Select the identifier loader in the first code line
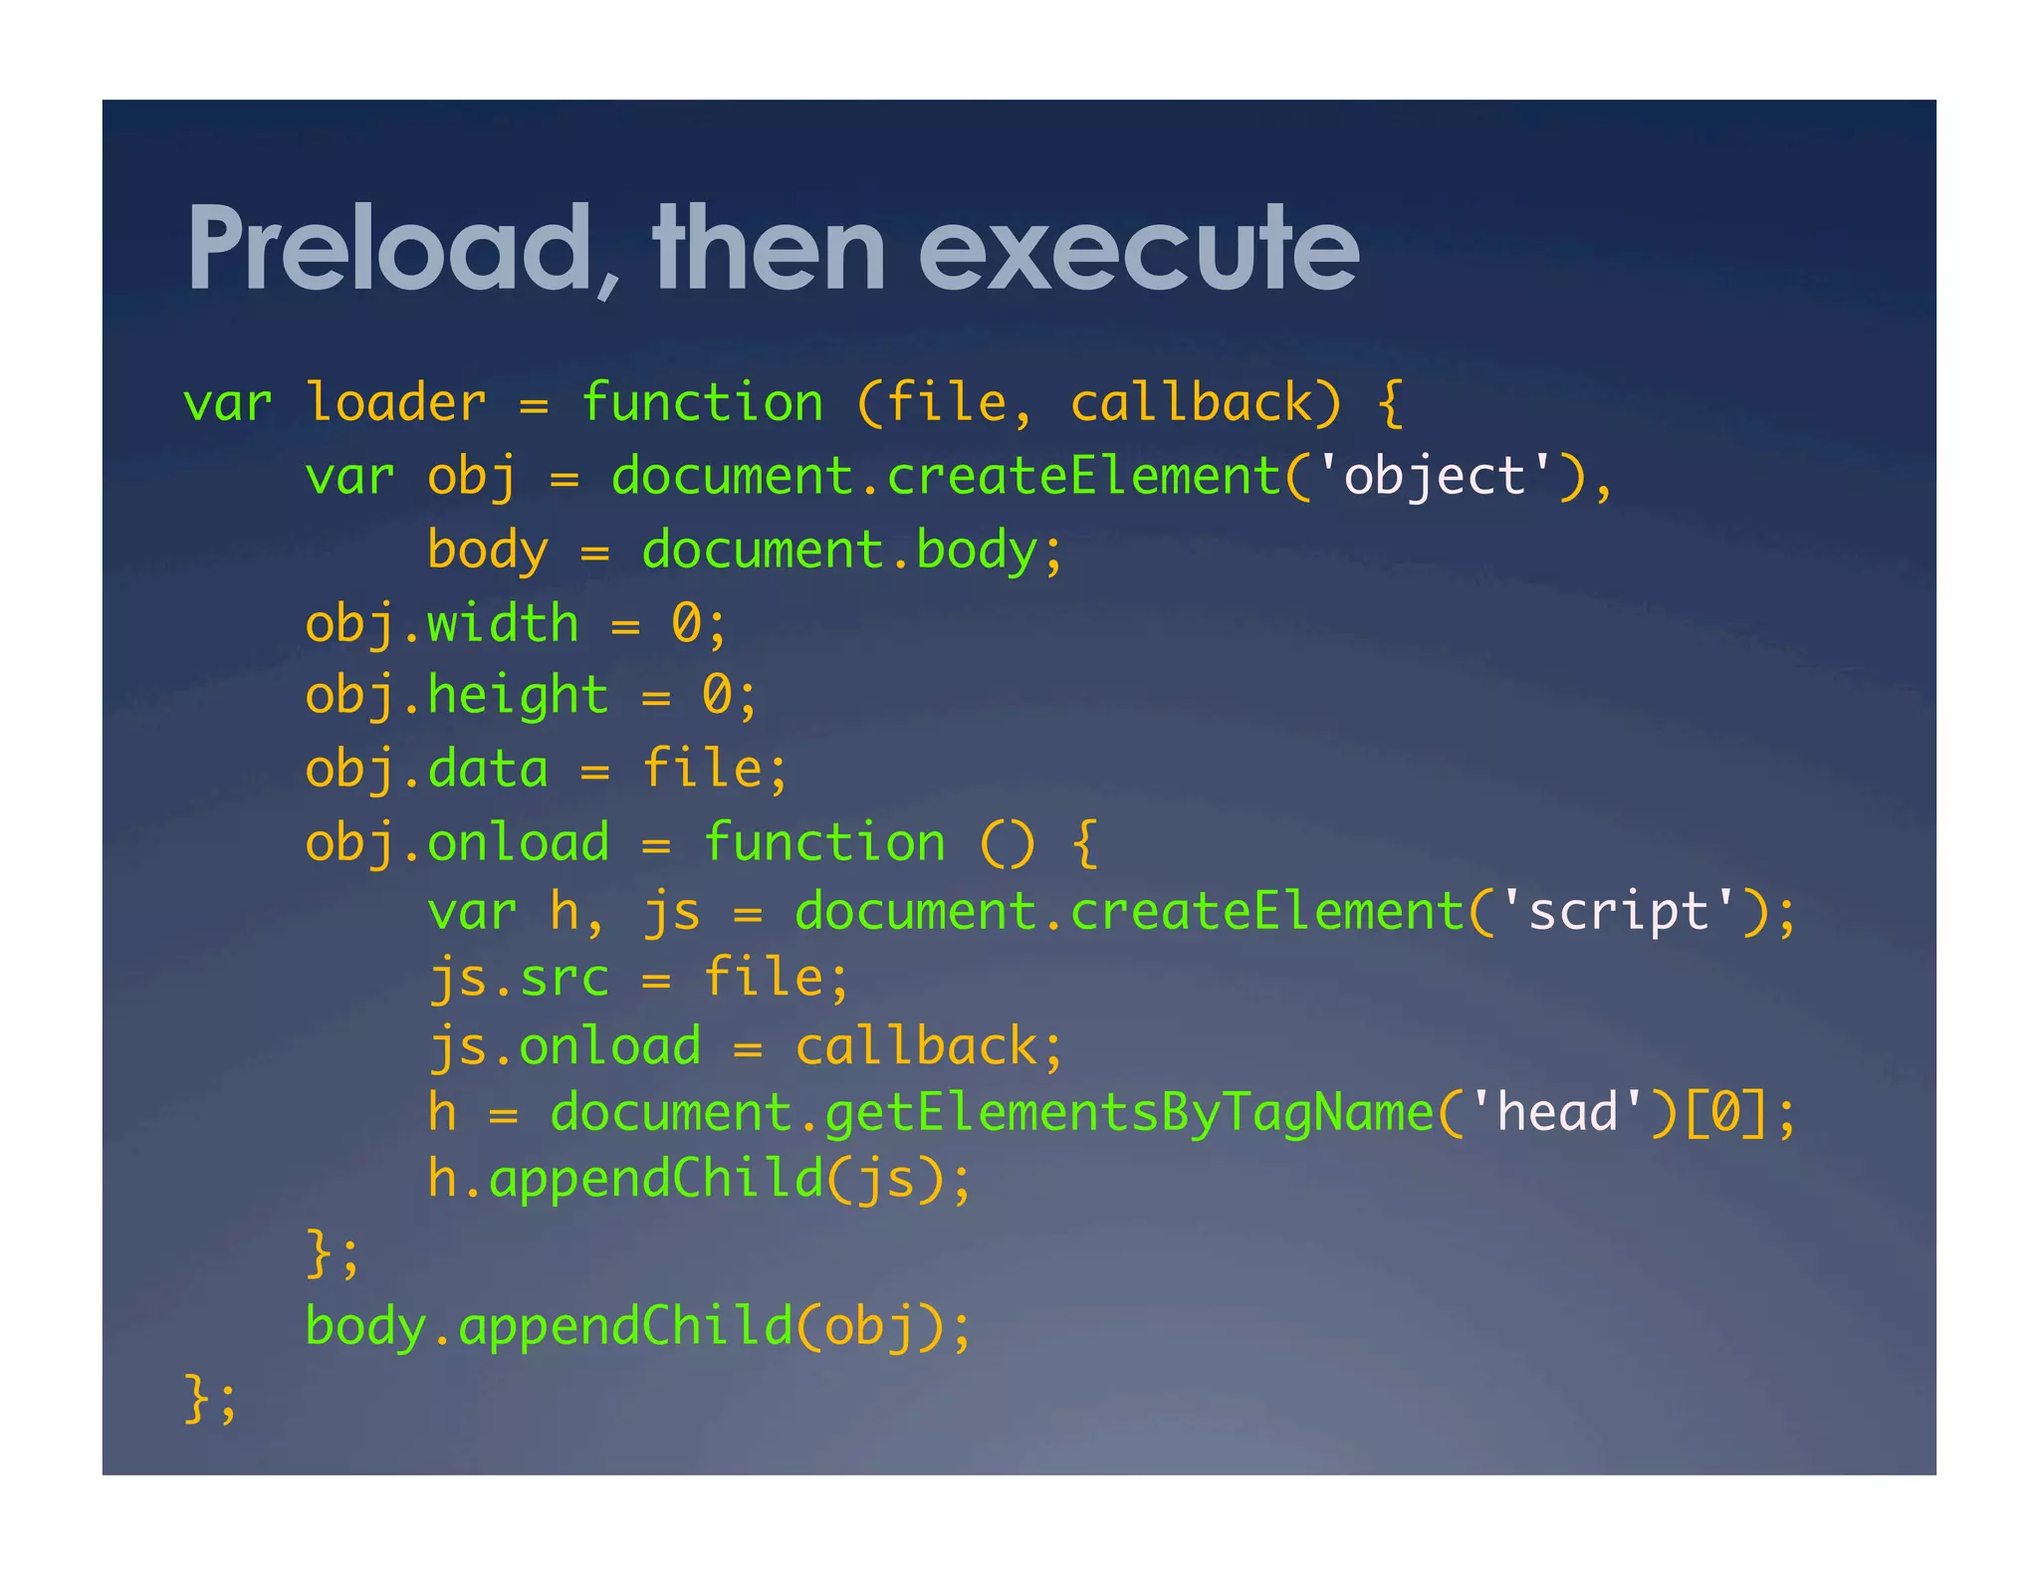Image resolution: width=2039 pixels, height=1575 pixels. [395, 403]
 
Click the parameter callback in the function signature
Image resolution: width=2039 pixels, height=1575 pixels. [1192, 403]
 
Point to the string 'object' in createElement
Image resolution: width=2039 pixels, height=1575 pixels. [1434, 476]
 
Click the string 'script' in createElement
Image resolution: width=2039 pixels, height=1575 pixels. [1618, 912]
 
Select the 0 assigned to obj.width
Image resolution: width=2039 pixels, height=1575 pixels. [686, 624]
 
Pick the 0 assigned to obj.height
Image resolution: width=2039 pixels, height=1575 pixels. [717, 695]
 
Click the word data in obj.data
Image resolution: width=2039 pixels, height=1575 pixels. [488, 770]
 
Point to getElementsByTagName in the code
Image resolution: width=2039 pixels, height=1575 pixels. [1129, 1113]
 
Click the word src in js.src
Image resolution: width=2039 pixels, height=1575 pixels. [565, 978]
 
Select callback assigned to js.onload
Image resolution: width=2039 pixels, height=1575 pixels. [916, 1046]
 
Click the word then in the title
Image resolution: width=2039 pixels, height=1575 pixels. [770, 249]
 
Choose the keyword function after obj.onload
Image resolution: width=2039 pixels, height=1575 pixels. [824, 843]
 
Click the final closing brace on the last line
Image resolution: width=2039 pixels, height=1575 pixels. [197, 1398]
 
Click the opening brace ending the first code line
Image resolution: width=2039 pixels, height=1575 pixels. [1391, 403]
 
